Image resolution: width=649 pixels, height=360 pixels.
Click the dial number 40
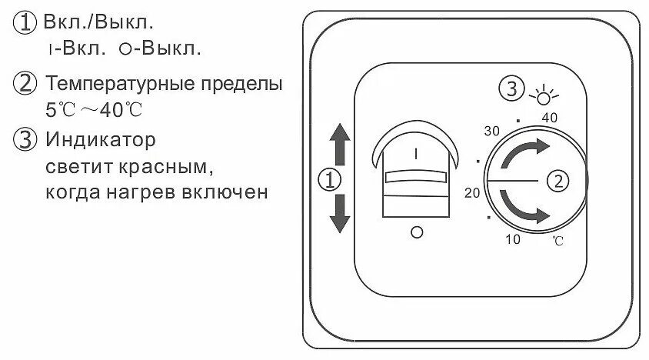coord(549,118)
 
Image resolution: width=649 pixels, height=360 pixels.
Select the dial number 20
coord(472,193)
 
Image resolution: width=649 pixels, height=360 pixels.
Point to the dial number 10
coord(513,240)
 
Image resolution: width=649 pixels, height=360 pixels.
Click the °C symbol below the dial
coord(557,242)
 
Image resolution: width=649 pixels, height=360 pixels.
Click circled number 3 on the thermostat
coord(510,88)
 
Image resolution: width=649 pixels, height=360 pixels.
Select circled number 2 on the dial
coord(557,182)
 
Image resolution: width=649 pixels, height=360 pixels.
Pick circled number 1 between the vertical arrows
coord(329,182)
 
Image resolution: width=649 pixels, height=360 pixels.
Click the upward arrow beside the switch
coord(339,146)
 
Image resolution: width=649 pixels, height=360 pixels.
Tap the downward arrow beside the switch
coord(339,215)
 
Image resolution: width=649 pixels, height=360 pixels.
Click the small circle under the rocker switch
coord(417,232)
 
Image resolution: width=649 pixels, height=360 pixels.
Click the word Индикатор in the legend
coord(100,141)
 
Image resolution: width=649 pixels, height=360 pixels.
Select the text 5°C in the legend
coord(60,109)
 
